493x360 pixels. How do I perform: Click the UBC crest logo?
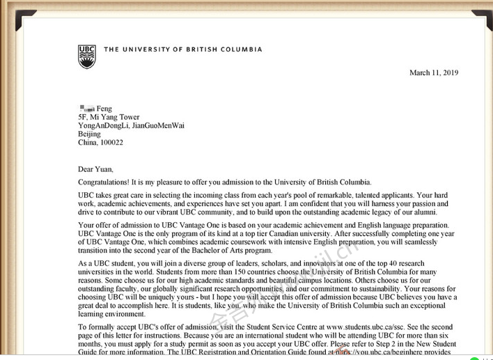click(x=86, y=56)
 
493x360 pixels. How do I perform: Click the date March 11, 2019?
click(x=434, y=72)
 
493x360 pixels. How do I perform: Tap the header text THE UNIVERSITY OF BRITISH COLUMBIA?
click(x=183, y=49)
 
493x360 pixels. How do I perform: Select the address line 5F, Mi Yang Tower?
click(x=109, y=117)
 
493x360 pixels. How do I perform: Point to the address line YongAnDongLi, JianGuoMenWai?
click(x=131, y=125)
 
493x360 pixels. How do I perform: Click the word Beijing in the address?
click(x=89, y=134)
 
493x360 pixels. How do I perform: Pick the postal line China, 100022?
click(x=100, y=142)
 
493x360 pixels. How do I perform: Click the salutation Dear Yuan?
click(x=95, y=169)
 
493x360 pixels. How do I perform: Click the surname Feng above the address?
click(x=104, y=109)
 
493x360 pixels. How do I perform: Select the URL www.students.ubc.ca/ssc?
click(x=363, y=327)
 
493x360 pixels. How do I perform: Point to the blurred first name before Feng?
click(x=86, y=109)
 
